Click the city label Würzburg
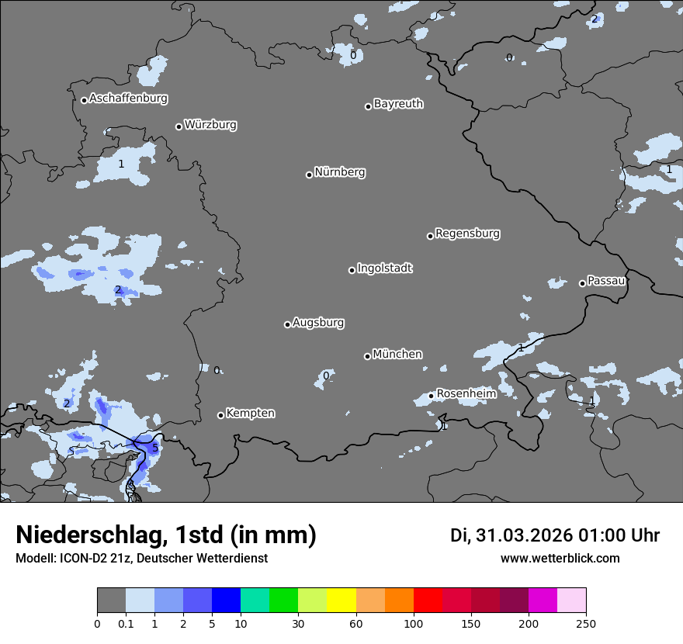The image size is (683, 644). click(210, 125)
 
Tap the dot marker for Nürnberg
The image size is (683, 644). click(309, 175)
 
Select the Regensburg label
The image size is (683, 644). click(467, 234)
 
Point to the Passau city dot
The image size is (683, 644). click(582, 283)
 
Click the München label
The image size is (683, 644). click(397, 355)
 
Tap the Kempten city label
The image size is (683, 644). click(250, 414)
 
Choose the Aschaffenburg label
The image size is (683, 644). click(128, 99)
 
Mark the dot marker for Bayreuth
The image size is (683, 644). click(368, 106)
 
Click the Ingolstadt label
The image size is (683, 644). click(384, 268)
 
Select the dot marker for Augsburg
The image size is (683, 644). click(287, 324)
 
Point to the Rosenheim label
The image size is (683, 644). click(466, 394)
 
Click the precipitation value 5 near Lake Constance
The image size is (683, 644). click(154, 448)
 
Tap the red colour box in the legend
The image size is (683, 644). click(428, 601)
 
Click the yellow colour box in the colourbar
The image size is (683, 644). click(341, 601)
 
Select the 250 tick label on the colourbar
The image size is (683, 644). click(586, 622)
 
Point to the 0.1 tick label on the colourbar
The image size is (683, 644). click(126, 622)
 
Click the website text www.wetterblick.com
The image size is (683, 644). click(560, 559)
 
